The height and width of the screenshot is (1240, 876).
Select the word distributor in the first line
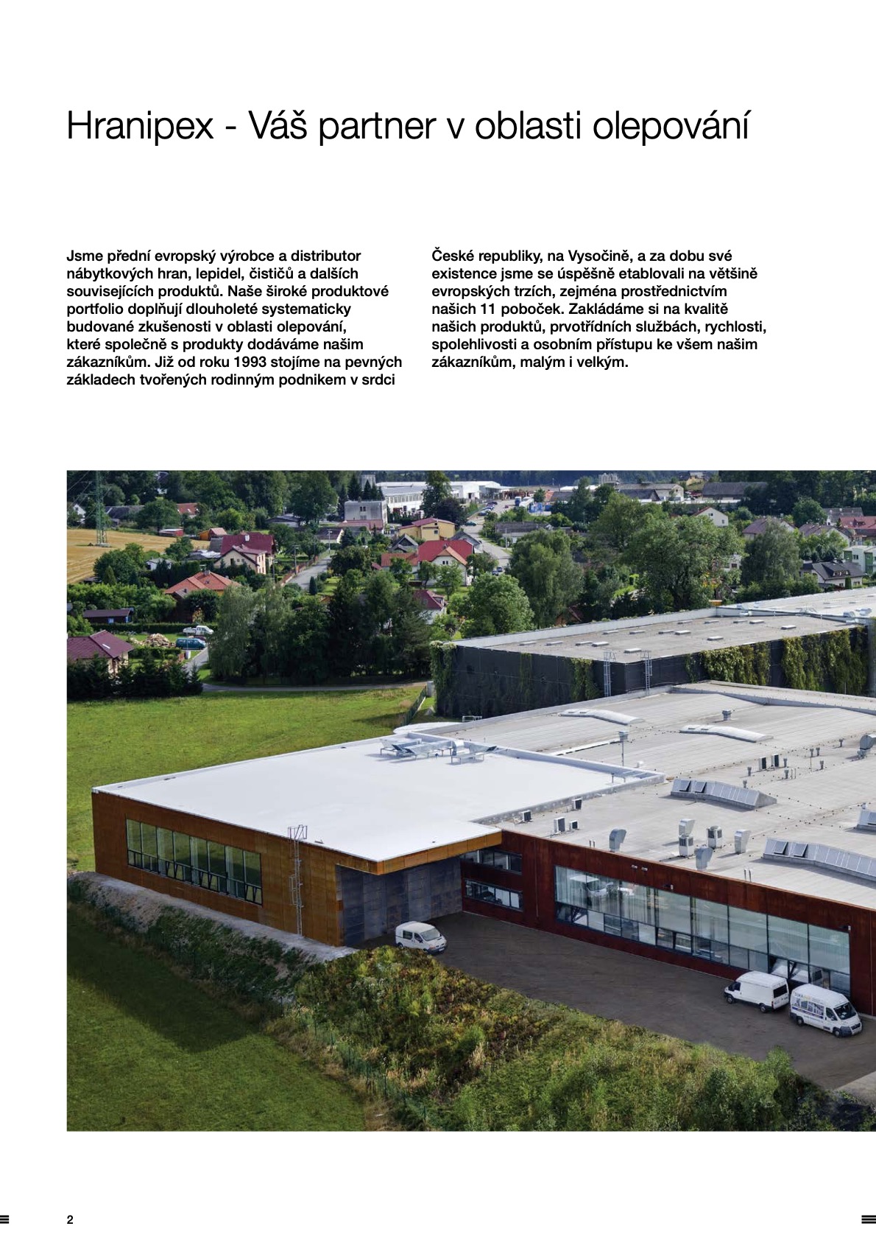coord(325,256)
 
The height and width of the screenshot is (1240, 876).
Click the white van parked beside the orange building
coord(420,936)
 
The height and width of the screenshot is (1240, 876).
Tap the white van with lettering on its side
coord(824,1010)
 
